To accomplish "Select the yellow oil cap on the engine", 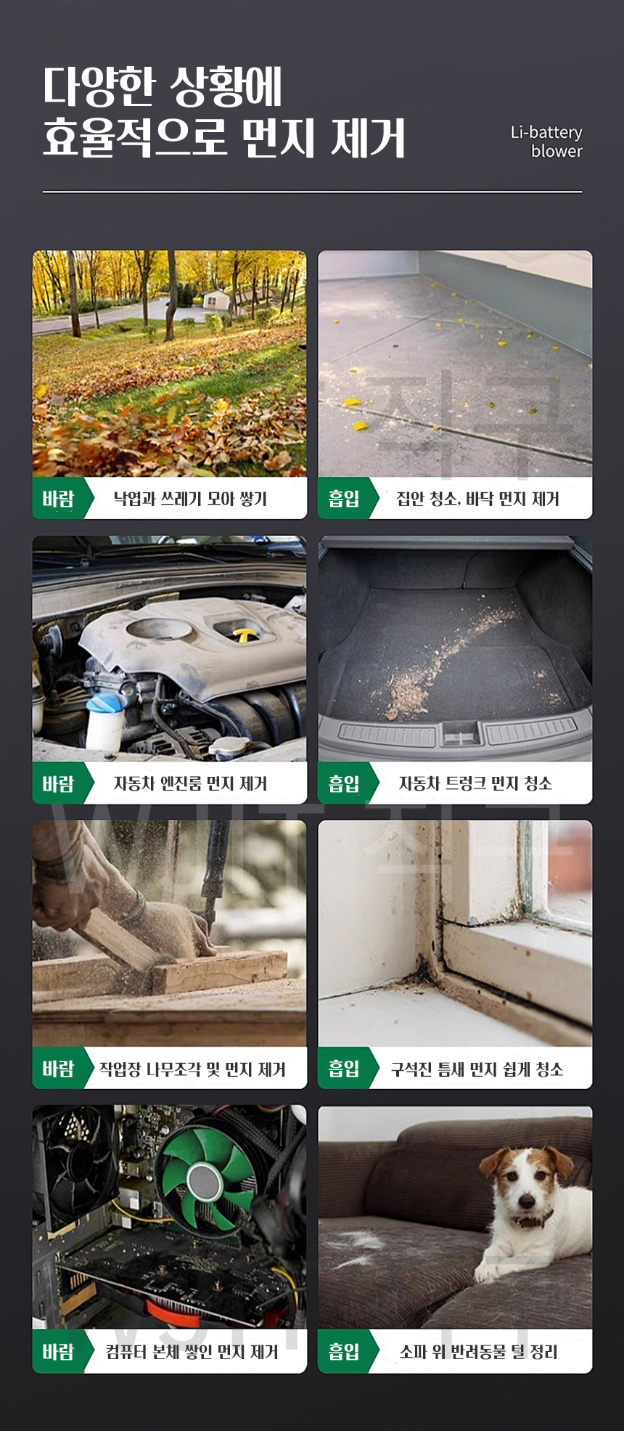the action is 244,637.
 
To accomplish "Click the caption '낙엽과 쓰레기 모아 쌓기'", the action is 190,499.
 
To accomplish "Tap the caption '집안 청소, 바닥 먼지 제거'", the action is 477,499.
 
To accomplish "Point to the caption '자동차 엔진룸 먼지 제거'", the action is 190,783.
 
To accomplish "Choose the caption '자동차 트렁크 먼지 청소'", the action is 475,783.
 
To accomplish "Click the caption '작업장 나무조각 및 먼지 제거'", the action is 192,1069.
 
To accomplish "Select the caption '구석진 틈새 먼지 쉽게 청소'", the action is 477,1069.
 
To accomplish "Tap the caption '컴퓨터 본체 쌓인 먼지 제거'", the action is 192,1352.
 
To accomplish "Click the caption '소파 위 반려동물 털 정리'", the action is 478,1352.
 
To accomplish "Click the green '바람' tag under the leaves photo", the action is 59,499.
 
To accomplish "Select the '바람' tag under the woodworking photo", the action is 59,1069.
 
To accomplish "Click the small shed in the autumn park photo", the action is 215,298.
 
